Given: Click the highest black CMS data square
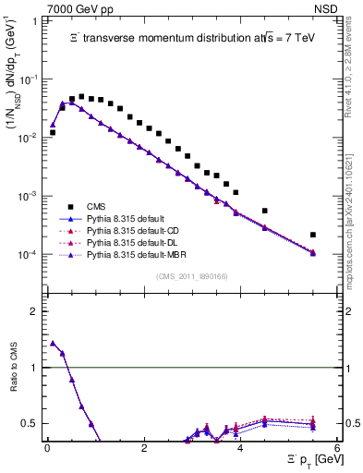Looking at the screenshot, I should coord(81,96).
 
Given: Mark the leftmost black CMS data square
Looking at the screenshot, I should coord(53,132).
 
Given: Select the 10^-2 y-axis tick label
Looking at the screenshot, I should coord(30,138).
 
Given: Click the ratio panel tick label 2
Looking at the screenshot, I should coord(37,311).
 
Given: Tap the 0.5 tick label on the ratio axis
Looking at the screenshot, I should coord(32,423).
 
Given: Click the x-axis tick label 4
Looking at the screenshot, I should coord(240,450).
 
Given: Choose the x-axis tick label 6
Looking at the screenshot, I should coord(337,450).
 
